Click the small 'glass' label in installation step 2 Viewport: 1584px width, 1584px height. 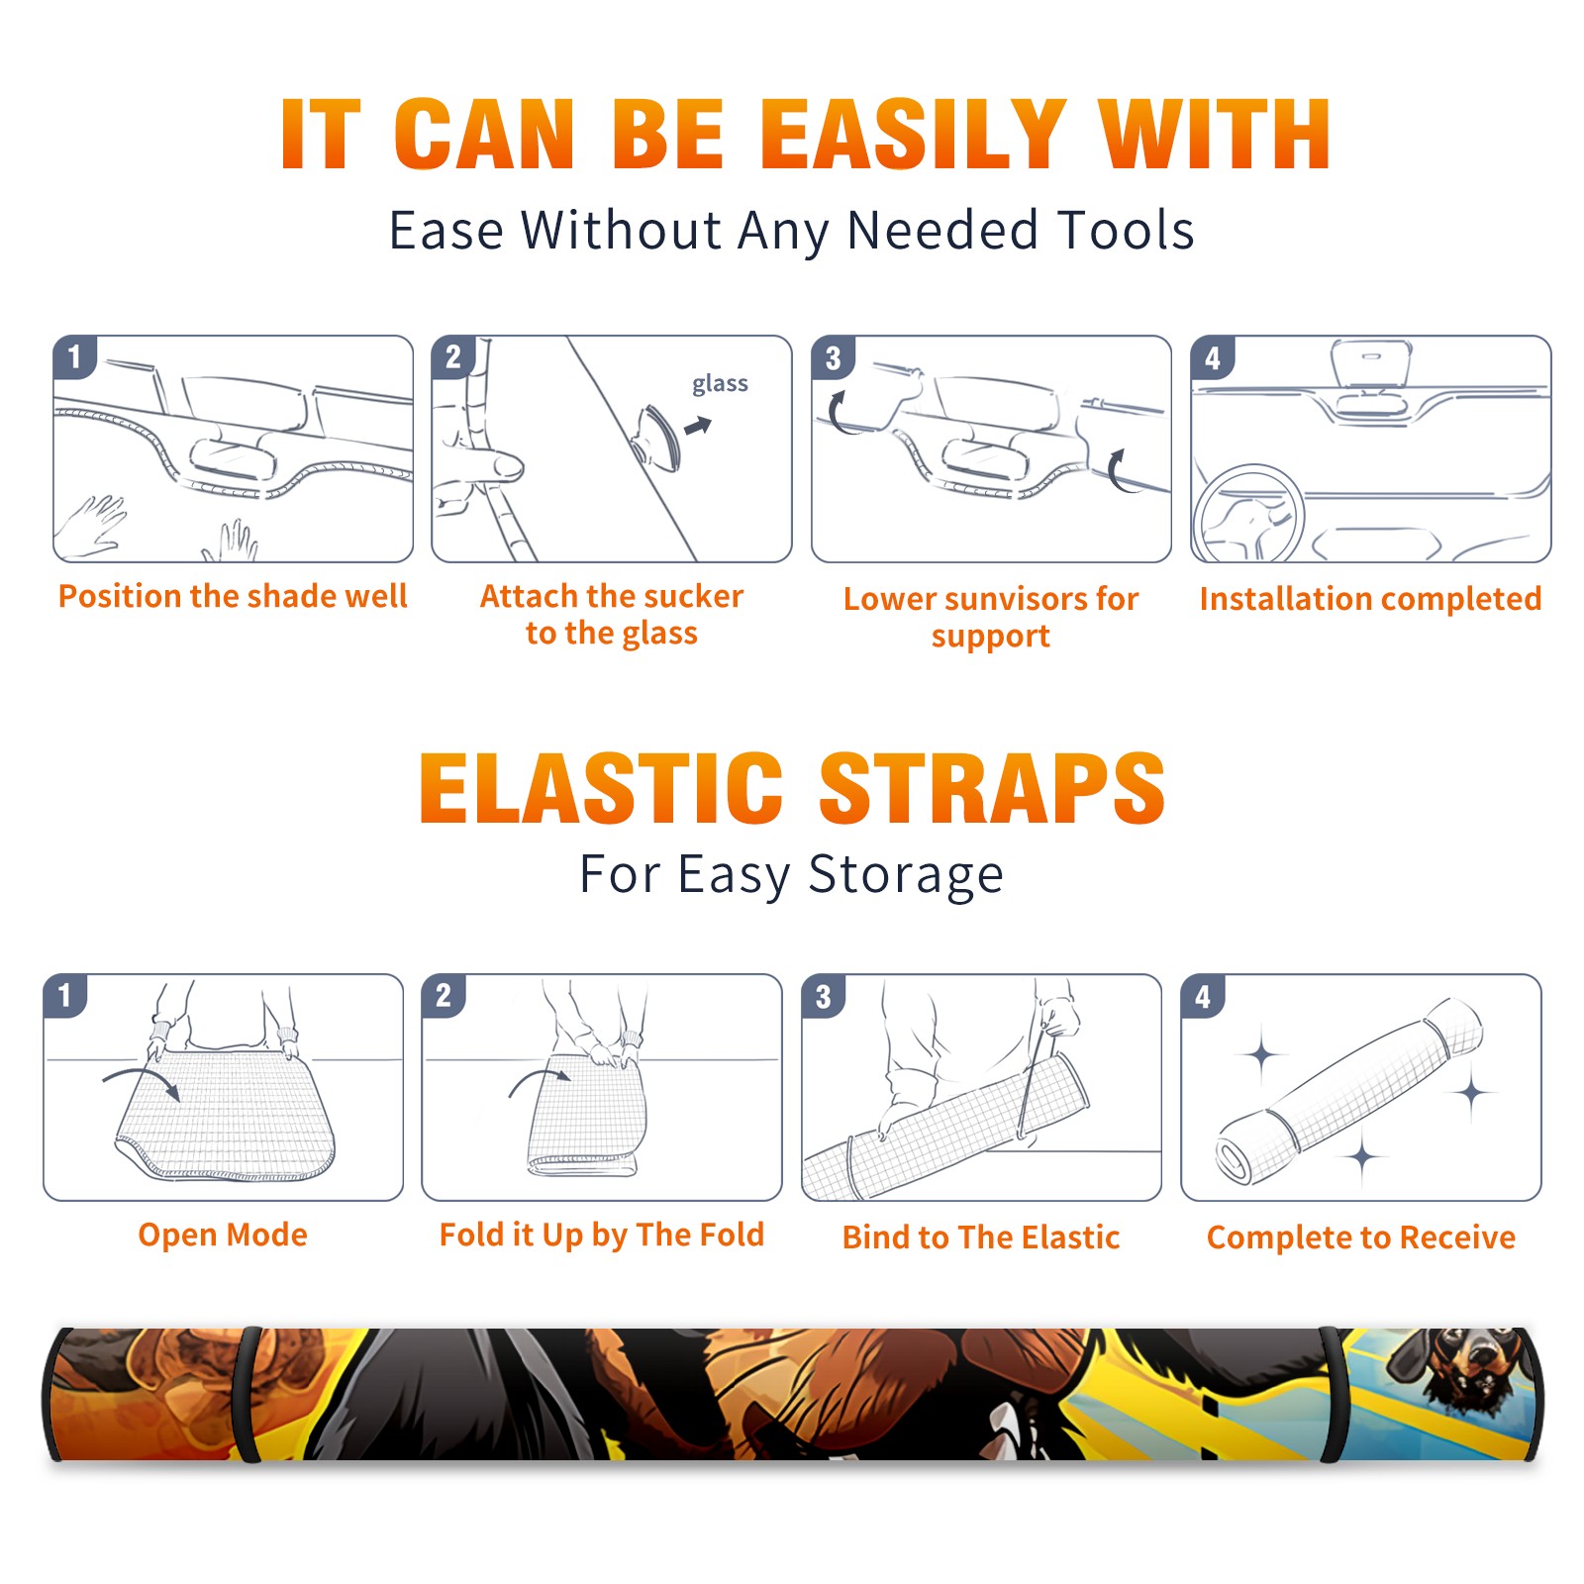720,384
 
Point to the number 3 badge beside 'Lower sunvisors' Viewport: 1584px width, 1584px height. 833,357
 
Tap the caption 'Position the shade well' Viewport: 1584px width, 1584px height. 233,596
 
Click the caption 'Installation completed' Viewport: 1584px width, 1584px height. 1370,598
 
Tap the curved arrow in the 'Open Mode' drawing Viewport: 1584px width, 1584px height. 142,1082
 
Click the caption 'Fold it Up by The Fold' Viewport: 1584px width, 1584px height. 602,1235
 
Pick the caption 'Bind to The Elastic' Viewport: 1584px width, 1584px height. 980,1237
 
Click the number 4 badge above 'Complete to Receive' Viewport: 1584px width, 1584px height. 1203,996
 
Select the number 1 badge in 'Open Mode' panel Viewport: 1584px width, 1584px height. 65,996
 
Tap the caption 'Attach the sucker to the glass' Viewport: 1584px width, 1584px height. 612,614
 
